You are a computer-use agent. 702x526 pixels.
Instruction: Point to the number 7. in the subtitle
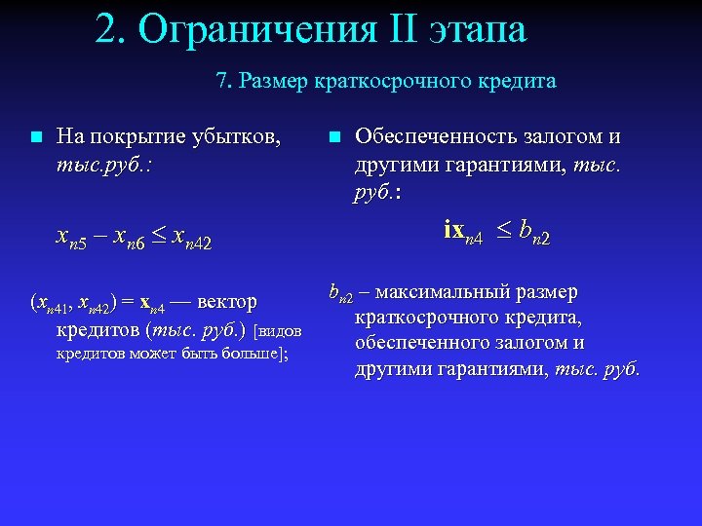pos(223,81)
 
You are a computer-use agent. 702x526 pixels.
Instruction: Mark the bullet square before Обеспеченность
pos(334,136)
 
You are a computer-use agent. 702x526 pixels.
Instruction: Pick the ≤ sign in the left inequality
pos(158,236)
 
